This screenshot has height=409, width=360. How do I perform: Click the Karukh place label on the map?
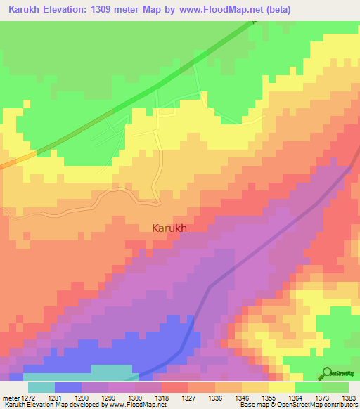169,228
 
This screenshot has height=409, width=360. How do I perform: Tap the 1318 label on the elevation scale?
162,398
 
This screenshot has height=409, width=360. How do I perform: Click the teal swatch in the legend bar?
41,387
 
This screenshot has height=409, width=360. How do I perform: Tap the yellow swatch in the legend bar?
281,387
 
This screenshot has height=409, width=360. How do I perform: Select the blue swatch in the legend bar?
67,387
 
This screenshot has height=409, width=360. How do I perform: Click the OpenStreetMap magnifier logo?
328,372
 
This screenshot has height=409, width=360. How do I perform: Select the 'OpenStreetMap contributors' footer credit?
324,405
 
